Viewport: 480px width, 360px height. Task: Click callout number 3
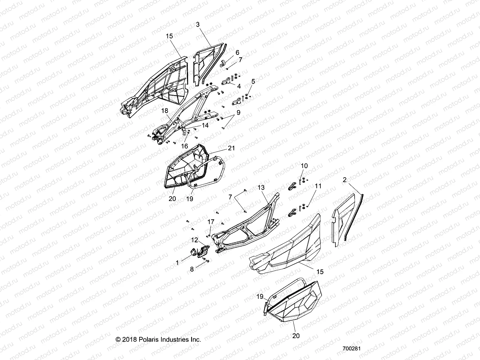pyautogui.click(x=198, y=24)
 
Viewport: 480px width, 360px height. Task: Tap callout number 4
pyautogui.click(x=239, y=86)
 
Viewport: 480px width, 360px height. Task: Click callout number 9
pyautogui.click(x=238, y=112)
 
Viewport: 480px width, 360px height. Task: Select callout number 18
pyautogui.click(x=165, y=111)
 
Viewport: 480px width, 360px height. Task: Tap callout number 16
pyautogui.click(x=185, y=146)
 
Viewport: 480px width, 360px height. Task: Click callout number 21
pyautogui.click(x=231, y=148)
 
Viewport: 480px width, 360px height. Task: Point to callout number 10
pyautogui.click(x=304, y=166)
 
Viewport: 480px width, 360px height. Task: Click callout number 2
pyautogui.click(x=345, y=180)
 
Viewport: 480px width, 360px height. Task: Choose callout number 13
pyautogui.click(x=261, y=187)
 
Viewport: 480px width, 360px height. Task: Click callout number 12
pyautogui.click(x=195, y=240)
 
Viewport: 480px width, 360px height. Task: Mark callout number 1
pyautogui.click(x=177, y=263)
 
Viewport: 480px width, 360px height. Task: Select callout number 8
pyautogui.click(x=192, y=269)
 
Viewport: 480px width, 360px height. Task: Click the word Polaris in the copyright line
pyautogui.click(x=149, y=340)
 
